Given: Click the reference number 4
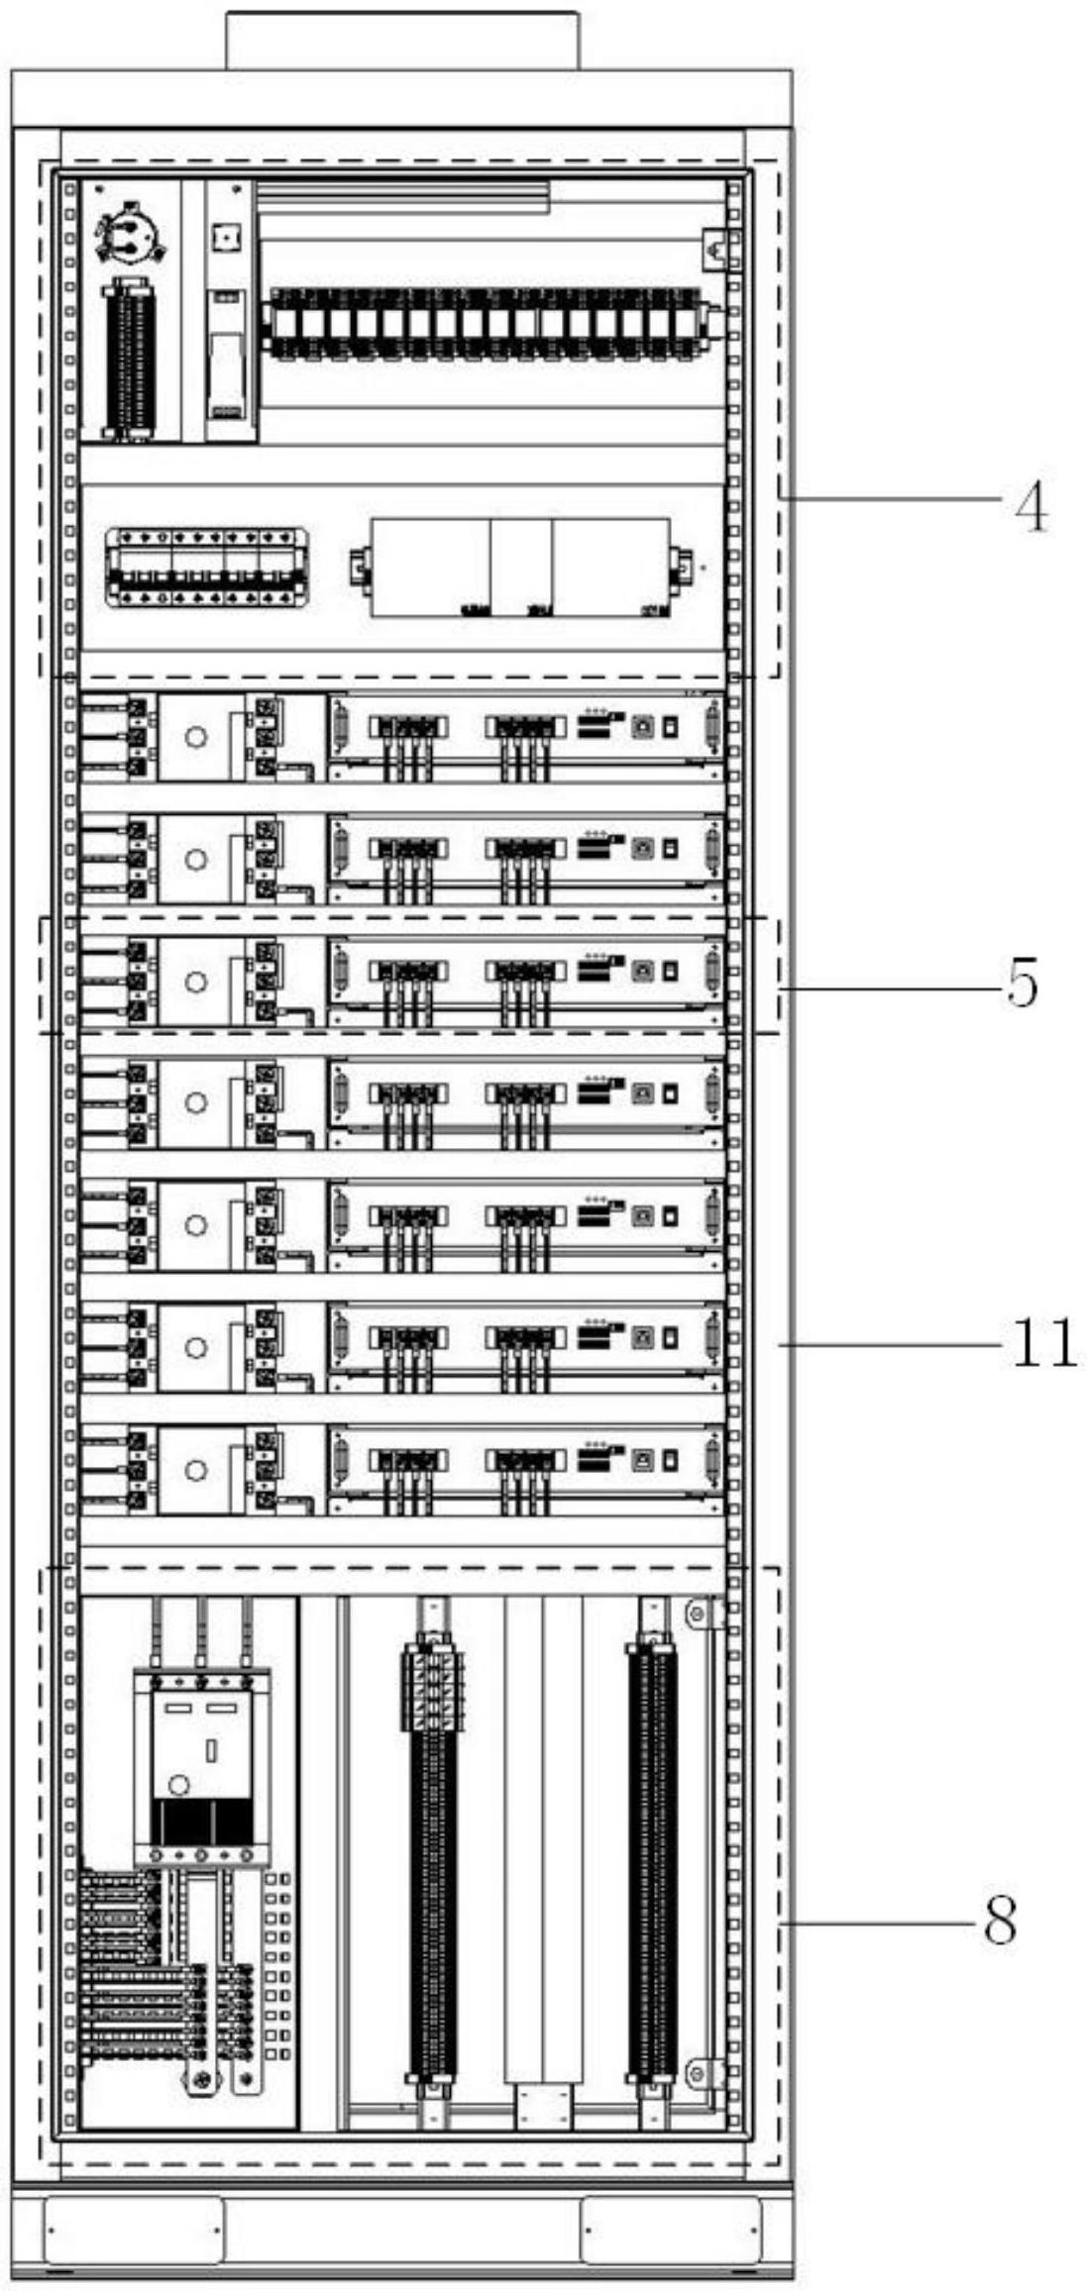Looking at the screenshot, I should point(1031,508).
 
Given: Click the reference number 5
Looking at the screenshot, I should point(1022,983).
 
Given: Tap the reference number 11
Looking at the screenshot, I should point(1043,1344).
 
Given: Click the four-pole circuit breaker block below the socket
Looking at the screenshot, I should point(205,567).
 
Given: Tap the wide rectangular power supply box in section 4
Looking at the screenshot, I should point(519,568).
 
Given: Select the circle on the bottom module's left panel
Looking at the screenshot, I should point(196,1469).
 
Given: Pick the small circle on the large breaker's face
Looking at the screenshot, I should point(178,1785).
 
